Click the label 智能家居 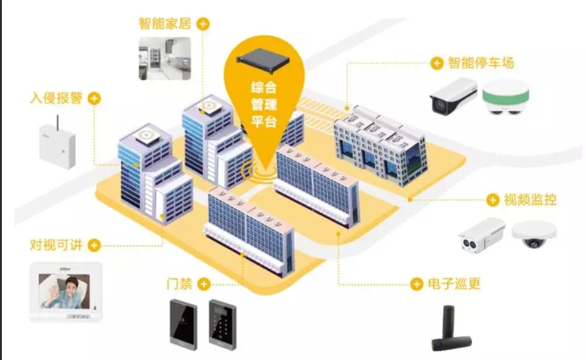165,24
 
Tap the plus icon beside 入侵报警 94,98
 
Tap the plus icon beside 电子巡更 417,284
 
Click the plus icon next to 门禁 203,284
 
